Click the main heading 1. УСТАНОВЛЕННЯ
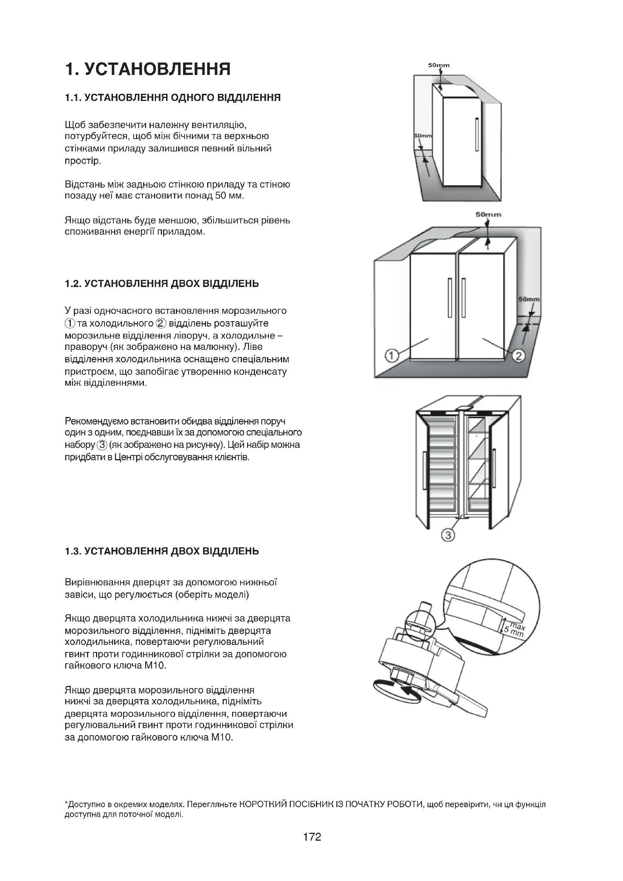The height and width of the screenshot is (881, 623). pos(148,69)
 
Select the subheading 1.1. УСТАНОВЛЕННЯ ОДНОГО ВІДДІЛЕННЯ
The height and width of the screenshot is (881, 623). pos(173,98)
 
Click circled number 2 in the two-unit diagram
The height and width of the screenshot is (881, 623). pos(518,356)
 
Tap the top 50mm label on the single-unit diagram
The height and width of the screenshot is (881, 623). pos(439,65)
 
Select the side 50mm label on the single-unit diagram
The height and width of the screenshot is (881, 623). pos(423,136)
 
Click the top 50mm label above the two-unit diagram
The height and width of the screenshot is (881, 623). pos(489,214)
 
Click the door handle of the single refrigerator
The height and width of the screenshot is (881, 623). pos(476,135)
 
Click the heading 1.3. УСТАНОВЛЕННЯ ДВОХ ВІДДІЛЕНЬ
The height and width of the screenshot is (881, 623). pos(162,551)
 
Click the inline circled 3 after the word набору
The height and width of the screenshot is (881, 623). pos(102,445)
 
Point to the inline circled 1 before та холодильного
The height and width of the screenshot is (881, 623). pos(69,323)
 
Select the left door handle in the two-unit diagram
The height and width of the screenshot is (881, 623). pos(450,298)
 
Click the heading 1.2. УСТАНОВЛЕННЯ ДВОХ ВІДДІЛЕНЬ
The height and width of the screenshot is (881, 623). pos(162,284)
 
